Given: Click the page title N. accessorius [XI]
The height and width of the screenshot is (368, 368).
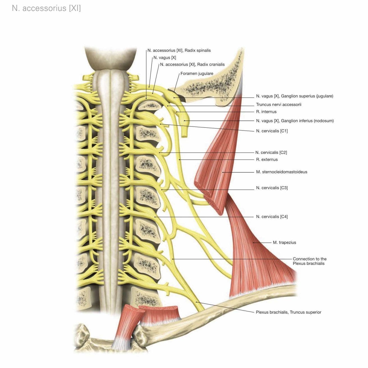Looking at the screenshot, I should point(46,8).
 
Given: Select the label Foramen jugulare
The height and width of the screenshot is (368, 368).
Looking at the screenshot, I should point(197,74).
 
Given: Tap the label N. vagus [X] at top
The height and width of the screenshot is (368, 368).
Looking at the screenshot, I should point(165,58).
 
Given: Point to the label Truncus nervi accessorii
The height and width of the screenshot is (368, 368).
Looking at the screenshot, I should point(278,104).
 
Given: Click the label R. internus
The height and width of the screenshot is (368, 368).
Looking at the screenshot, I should point(266,112).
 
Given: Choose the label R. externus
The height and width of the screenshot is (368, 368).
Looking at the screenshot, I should point(267,159).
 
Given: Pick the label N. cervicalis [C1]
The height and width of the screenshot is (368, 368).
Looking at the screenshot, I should point(272,131).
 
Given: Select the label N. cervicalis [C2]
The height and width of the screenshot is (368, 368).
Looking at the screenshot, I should point(271,152).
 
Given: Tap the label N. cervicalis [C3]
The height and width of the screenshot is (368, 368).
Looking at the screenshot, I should point(272,188).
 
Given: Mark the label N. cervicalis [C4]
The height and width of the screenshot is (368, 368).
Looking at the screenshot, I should point(272,216).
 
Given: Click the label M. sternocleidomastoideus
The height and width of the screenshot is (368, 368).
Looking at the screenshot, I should point(282,172).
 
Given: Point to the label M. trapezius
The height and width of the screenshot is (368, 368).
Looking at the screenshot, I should point(284,242).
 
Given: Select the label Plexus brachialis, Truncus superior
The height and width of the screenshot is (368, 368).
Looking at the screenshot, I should point(288,312).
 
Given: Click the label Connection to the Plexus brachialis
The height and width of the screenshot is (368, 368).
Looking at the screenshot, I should point(309,261).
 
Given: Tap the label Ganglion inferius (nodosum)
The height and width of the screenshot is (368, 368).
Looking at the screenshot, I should point(295,121).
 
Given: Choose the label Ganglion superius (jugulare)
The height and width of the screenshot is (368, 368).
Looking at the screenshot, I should point(294,96).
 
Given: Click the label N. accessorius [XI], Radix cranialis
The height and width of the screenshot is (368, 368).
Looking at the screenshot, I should point(192,65).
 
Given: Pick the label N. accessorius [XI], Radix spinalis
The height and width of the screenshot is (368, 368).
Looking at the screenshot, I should point(179,51).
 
